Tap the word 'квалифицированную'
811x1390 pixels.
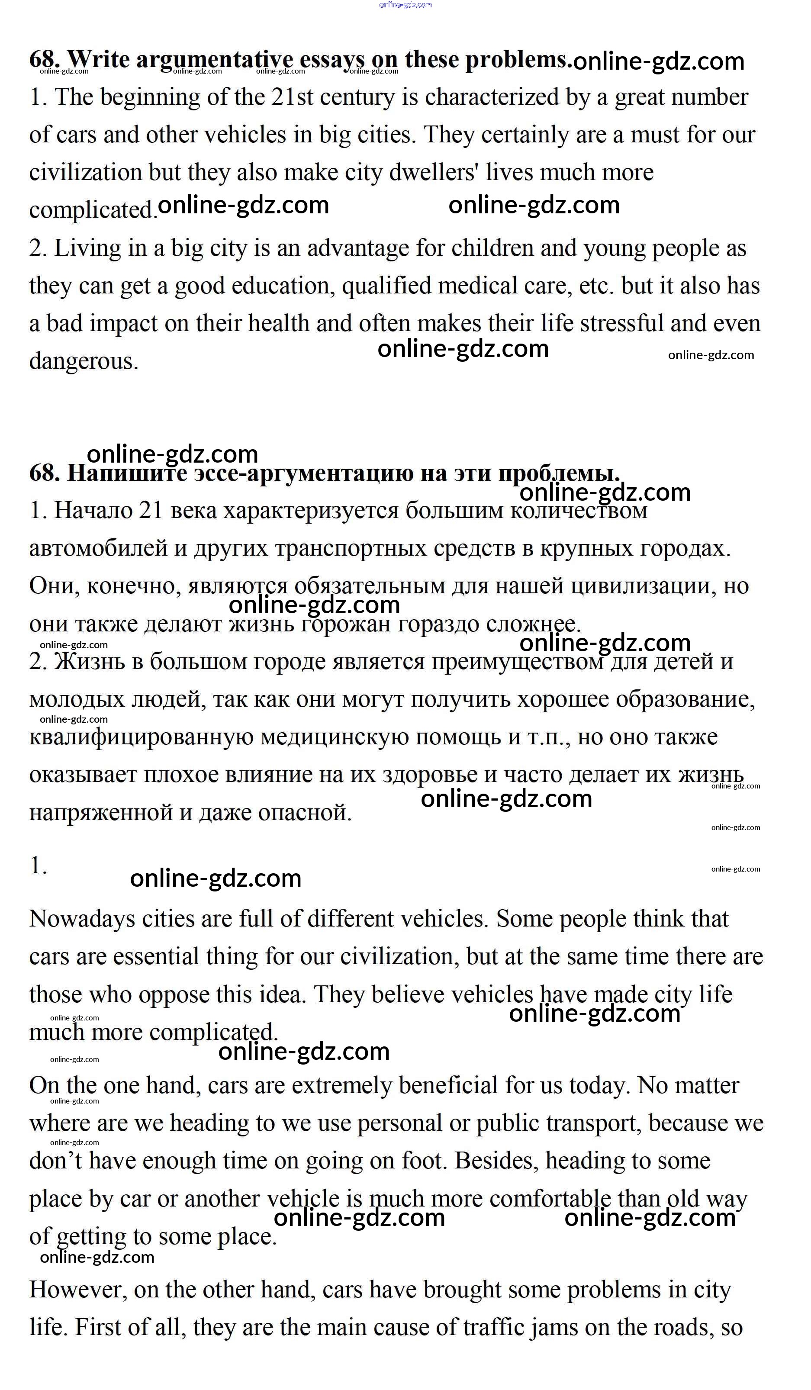141,737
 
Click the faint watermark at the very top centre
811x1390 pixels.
405,5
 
